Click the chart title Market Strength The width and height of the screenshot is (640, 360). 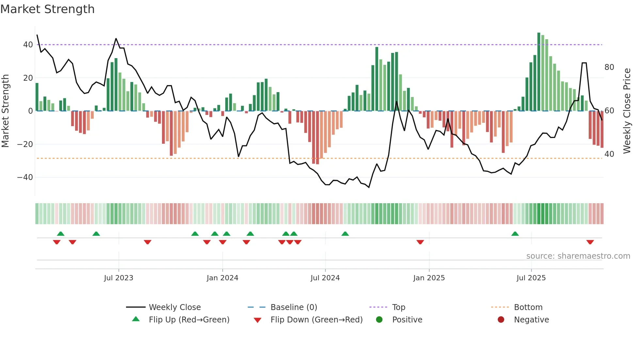pos(47,9)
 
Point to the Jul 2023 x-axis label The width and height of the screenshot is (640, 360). pos(119,278)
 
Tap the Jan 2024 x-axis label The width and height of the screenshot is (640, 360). pos(222,278)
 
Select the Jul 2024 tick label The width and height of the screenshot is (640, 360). pos(325,278)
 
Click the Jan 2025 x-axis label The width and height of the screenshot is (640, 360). pos(429,278)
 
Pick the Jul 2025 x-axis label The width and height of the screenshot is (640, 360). pos(531,278)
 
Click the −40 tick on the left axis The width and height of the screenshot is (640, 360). pos(25,177)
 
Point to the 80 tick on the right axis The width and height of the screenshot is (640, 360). pos(609,67)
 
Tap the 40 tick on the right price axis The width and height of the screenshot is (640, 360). pos(609,154)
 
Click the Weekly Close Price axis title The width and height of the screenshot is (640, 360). pos(627,111)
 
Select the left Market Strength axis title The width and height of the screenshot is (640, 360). pos(5,111)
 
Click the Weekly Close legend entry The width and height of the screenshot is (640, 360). pos(174,307)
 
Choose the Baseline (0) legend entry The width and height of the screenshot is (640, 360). pos(294,307)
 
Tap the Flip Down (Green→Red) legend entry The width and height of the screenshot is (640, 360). pos(316,320)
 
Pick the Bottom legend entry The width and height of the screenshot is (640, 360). pos(528,307)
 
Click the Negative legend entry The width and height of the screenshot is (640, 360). pos(531,320)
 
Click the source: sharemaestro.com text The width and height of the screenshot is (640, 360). pos(578,256)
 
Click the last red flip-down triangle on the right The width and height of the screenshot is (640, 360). pos(590,242)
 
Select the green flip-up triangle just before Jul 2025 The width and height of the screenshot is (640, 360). pos(515,234)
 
